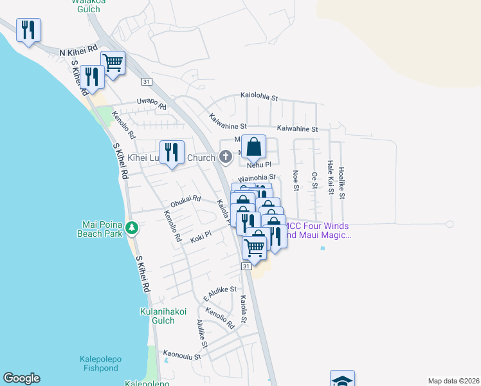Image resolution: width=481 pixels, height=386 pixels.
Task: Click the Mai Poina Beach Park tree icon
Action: pos(132,228)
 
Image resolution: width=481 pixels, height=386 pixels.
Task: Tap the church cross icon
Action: pos(225,156)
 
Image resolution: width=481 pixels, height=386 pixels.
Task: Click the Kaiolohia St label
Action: pos(259,98)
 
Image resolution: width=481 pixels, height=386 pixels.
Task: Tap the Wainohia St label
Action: pos(257,177)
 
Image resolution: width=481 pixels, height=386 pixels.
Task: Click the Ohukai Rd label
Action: pos(186,199)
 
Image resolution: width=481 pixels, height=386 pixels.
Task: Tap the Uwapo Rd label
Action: pos(152,102)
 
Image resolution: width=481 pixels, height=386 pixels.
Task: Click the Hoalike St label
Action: pos(342,183)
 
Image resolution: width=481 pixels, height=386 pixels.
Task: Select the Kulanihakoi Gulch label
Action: pos(163,316)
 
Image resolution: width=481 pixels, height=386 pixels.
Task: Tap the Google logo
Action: pos(21,378)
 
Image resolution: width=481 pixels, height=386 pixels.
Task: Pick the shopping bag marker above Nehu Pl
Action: pos(254,147)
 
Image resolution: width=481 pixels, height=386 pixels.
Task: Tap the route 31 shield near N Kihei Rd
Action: pos(147,82)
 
